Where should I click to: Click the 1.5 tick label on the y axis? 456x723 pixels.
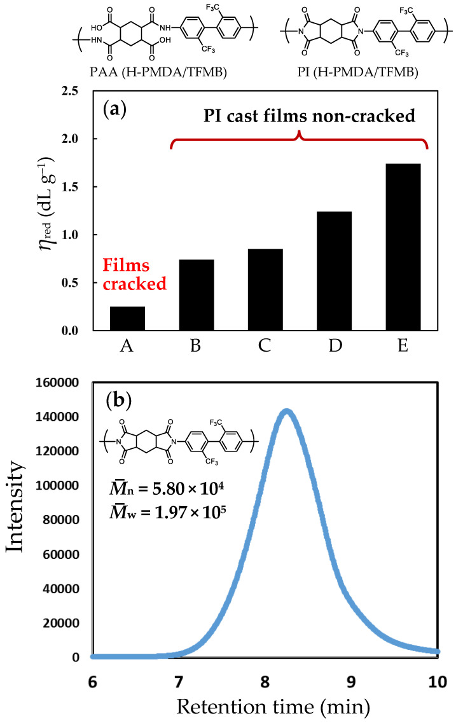point(72,187)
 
